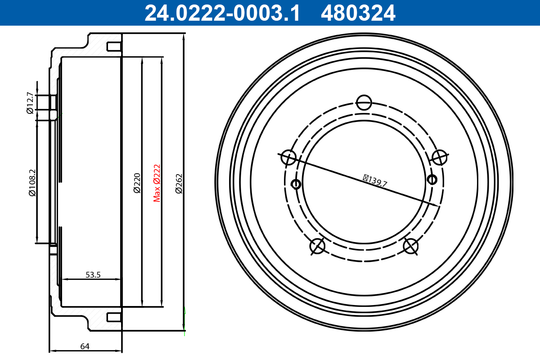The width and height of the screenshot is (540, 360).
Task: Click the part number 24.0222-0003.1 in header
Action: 222,13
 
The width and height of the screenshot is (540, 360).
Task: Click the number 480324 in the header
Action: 358,13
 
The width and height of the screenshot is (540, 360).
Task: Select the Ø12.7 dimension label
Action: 30,103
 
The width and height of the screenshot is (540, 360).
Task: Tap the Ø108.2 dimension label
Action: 31,183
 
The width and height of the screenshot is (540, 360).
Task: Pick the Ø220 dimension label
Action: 137,183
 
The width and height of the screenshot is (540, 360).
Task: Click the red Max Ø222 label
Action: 157,183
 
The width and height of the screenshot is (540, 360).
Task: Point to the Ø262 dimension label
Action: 178,184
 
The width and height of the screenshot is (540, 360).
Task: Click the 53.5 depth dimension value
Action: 93,274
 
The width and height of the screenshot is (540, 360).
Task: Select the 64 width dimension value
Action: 85,346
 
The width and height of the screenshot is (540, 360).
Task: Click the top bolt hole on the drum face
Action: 364,102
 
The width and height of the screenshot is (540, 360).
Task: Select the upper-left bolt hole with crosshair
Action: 288,157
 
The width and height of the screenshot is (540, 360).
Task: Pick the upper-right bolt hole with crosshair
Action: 439,157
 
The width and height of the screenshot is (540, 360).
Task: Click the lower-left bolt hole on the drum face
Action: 317,246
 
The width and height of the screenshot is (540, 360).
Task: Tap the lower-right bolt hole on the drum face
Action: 410,246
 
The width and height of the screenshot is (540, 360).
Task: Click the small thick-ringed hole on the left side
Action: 296,184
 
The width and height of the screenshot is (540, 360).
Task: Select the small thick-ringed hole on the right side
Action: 432,180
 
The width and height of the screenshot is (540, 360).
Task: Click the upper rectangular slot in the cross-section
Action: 113,46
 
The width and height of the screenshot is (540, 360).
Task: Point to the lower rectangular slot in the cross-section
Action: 113,318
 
